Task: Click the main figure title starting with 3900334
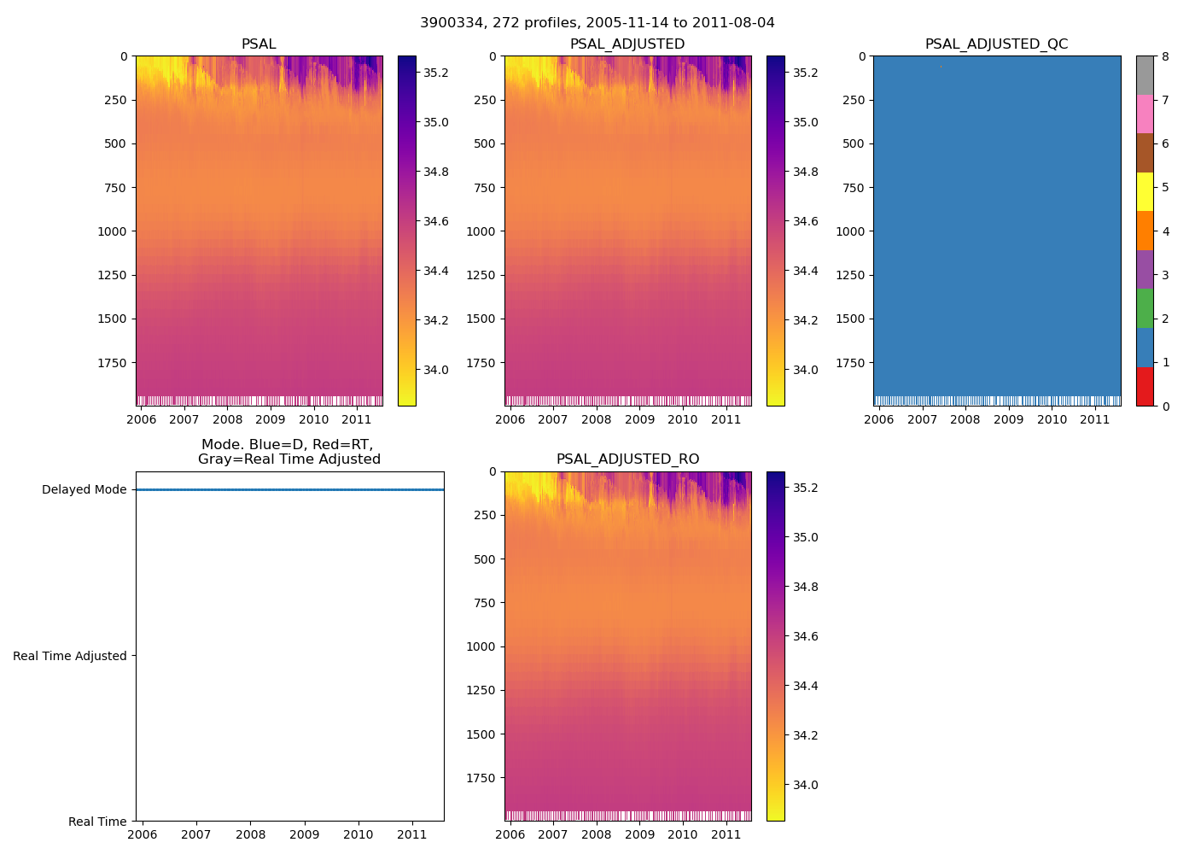597,23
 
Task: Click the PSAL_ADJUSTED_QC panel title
996,44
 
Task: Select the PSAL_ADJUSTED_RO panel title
627,459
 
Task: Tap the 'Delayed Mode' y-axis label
84,490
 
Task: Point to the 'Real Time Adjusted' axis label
70,656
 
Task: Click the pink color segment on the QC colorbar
1145,114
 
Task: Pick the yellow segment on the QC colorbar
1145,191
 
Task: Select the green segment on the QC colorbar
1145,308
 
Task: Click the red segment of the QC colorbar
1145,386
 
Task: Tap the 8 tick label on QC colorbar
1165,57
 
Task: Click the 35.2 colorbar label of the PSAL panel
436,73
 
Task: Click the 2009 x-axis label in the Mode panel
304,834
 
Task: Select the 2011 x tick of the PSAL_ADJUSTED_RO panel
726,834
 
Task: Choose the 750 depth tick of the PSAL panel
115,188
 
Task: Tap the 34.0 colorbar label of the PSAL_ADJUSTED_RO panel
805,785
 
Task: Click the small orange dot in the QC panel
941,66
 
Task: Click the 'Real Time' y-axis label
97,822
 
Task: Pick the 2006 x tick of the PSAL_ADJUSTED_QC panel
878,419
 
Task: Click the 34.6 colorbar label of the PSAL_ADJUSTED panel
805,221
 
